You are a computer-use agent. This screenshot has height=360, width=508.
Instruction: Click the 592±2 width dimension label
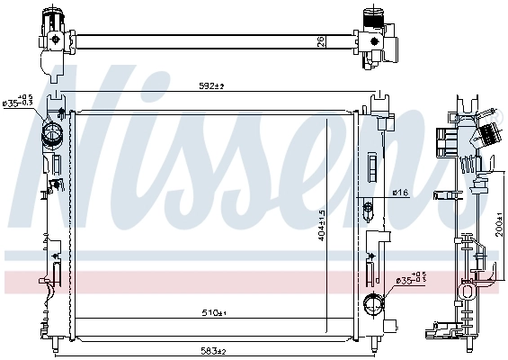pyautogui.click(x=211, y=86)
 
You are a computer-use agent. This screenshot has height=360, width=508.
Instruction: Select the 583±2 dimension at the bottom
pyautogui.click(x=213, y=352)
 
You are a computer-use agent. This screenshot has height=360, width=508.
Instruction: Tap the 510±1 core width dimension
pyautogui.click(x=213, y=313)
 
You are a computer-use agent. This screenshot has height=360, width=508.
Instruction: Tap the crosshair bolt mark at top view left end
pyautogui.click(x=57, y=39)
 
